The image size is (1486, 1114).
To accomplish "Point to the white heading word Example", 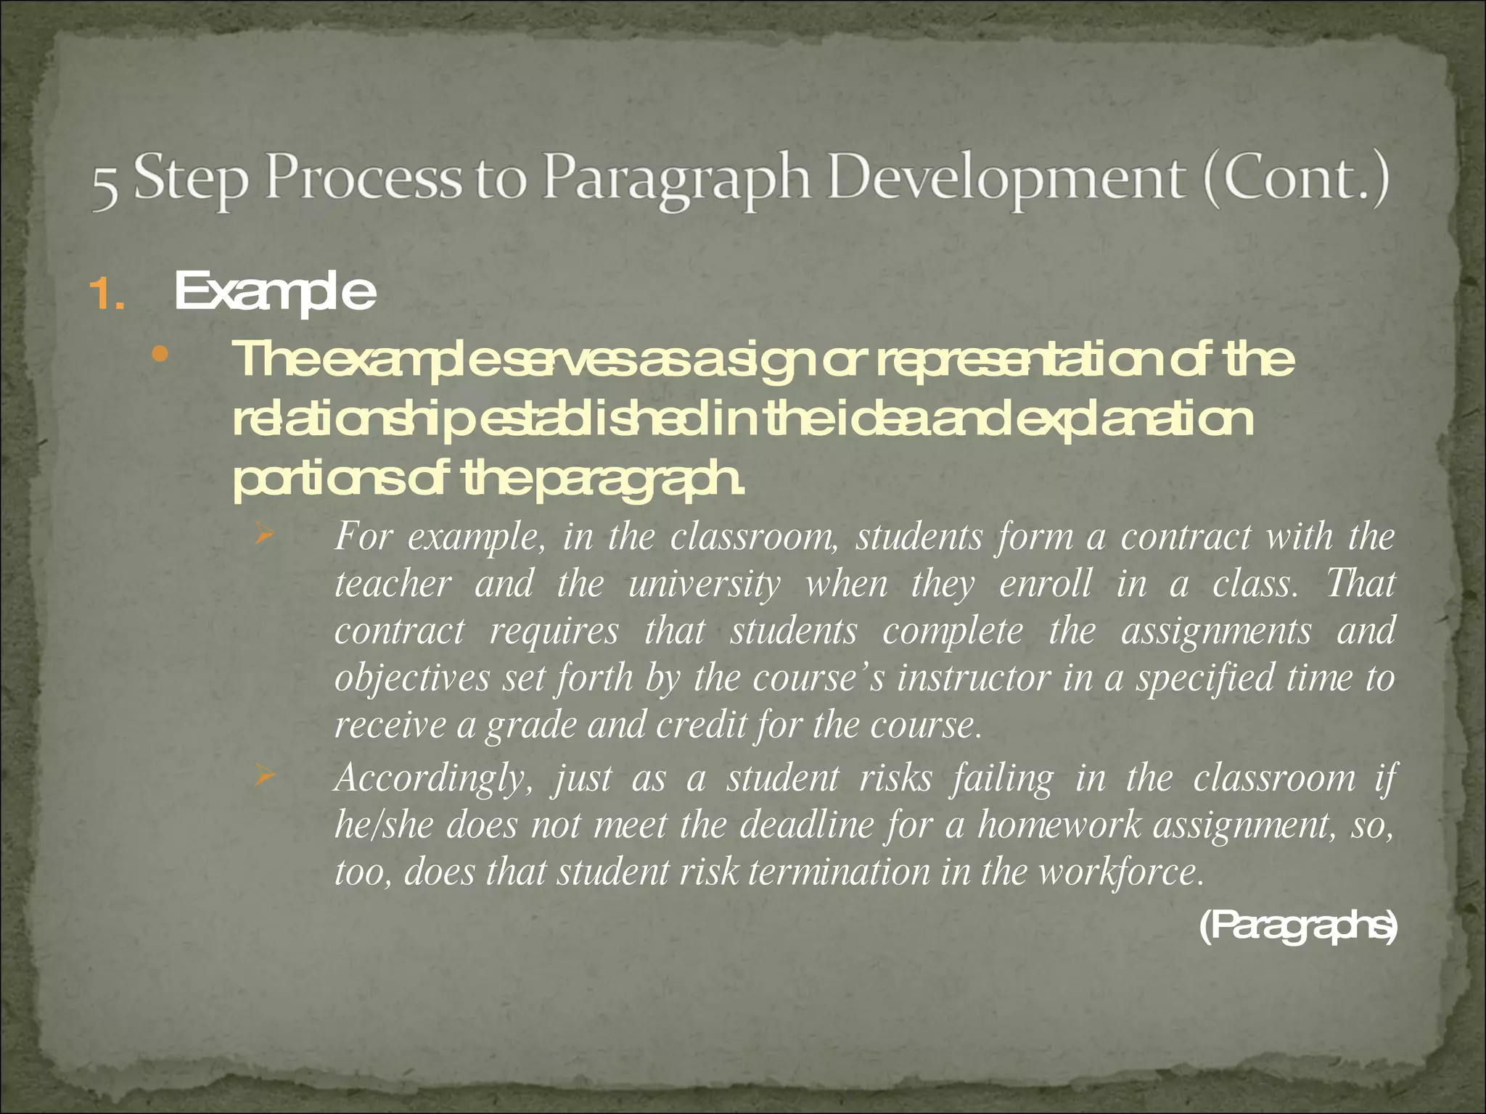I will pos(274,292).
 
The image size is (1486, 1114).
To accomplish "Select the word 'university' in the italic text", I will pos(705,585).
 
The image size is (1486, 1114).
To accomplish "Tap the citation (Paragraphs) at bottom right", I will pos(1297,928).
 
